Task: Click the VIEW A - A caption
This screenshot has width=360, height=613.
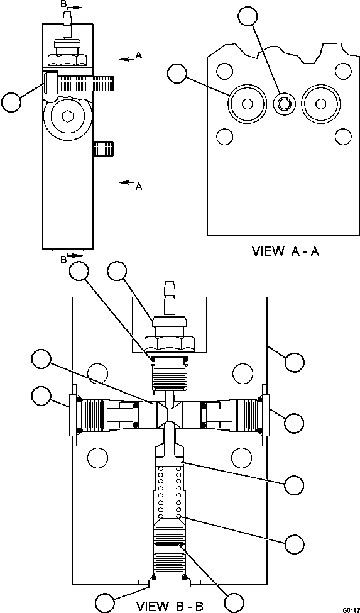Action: click(x=286, y=251)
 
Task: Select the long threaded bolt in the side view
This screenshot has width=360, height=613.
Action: click(x=85, y=82)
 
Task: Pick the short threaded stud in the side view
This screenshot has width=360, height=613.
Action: click(x=104, y=149)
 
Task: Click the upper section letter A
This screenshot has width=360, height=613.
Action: click(x=139, y=55)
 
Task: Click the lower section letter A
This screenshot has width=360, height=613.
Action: click(x=138, y=186)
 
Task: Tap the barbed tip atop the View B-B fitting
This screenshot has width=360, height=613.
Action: click(x=168, y=290)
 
